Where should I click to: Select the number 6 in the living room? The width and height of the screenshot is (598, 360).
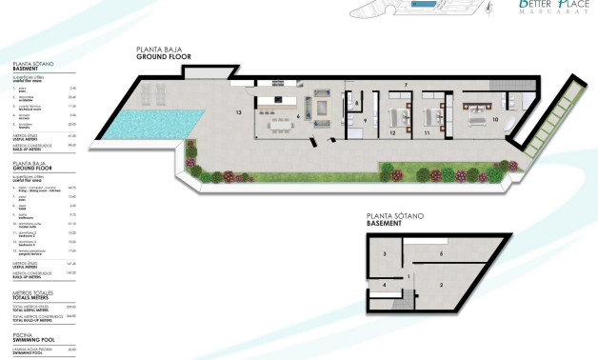pos(298,117)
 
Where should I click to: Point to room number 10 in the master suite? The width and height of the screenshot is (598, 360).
pos(495,120)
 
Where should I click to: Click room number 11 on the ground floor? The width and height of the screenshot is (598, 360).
pos(428,134)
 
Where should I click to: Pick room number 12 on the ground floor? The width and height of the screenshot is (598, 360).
pos(392,134)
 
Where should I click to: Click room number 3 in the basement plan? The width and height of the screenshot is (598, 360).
pos(385,255)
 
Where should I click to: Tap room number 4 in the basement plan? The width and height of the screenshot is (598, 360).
pos(385,285)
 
